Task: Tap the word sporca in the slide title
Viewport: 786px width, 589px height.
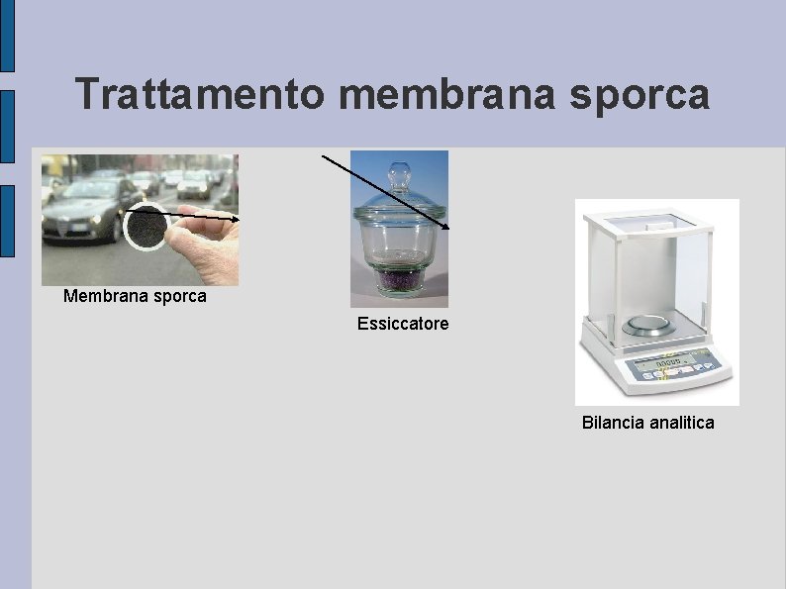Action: pyautogui.click(x=649, y=95)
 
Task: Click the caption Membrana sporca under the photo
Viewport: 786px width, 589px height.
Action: pyautogui.click(x=135, y=296)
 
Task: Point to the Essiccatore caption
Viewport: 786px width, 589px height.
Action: pyautogui.click(x=403, y=324)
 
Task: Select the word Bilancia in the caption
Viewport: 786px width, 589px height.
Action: pyautogui.click(x=612, y=423)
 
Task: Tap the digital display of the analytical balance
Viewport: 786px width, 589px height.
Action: pyautogui.click(x=662, y=365)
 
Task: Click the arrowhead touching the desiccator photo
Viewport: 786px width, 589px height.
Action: pyautogui.click(x=445, y=227)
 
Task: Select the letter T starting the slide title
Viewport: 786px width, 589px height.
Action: pyautogui.click(x=86, y=95)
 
